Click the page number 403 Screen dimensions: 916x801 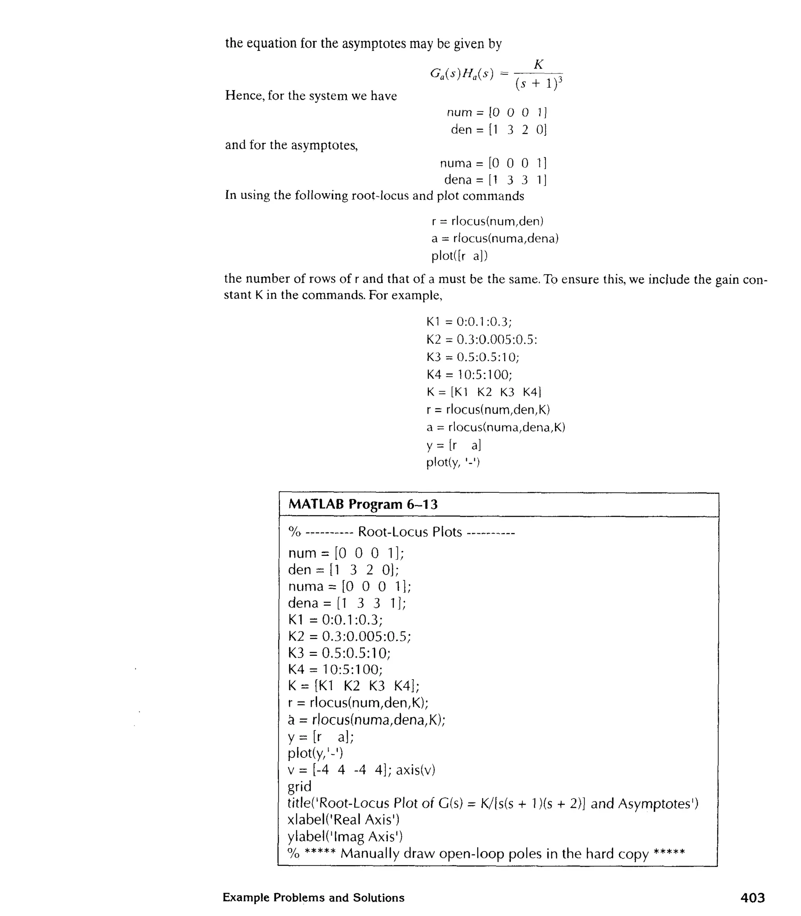coord(753,898)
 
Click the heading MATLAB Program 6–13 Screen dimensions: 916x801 coord(363,505)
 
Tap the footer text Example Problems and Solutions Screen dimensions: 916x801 coord(313,898)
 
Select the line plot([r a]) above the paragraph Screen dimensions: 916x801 coord(460,256)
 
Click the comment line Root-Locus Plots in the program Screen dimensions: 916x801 coord(401,532)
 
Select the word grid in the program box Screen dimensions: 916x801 coord(300,786)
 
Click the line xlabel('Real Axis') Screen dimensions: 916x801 coord(343,820)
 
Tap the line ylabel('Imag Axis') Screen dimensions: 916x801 coord(345,837)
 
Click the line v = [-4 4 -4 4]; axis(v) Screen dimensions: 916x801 coord(361,770)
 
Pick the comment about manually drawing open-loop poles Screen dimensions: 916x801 coord(486,853)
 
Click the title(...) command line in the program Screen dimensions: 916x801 coord(492,803)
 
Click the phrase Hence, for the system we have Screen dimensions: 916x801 coord(311,96)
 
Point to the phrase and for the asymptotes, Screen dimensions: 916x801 coord(291,145)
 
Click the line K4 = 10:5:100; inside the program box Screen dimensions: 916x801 coord(335,669)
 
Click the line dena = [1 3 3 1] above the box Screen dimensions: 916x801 coord(495,180)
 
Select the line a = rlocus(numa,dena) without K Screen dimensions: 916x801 coord(495,238)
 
